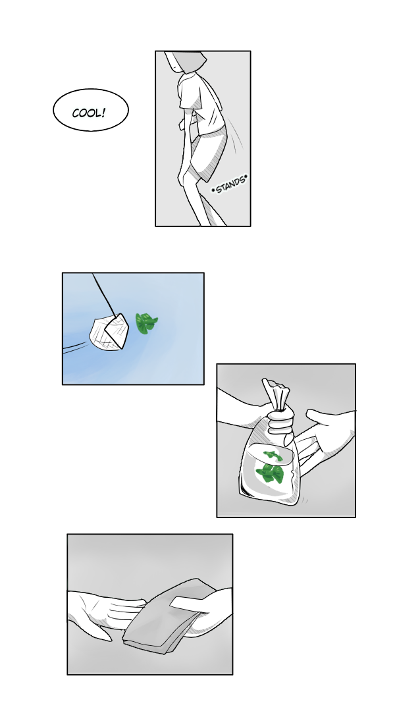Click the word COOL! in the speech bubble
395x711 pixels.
pos(90,113)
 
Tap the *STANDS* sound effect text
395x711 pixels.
pos(230,184)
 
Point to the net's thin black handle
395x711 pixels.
pos(104,294)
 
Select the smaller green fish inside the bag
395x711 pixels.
pos(273,456)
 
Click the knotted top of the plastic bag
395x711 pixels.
pos(276,394)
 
